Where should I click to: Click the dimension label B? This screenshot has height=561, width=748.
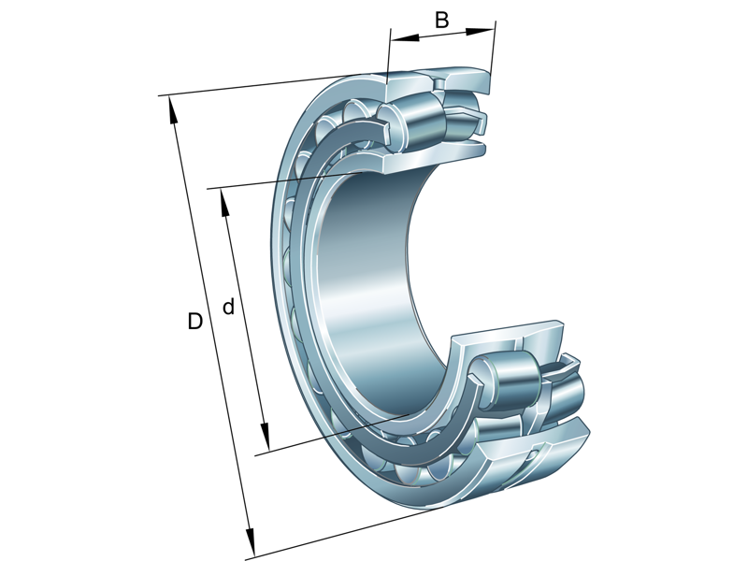click(x=442, y=19)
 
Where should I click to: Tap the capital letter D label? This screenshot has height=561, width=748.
click(x=194, y=322)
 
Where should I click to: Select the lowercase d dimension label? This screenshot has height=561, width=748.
click(x=228, y=307)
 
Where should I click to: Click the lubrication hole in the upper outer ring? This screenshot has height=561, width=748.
click(x=436, y=82)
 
